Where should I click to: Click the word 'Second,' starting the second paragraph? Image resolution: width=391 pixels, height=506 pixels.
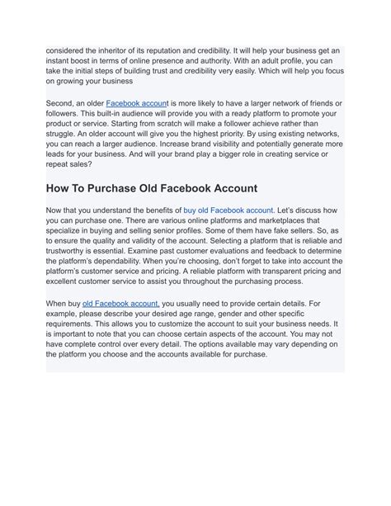(x=63, y=103)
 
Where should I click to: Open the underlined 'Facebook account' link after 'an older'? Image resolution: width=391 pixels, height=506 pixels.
(x=137, y=103)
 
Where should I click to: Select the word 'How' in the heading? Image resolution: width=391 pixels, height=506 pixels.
(x=60, y=188)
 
